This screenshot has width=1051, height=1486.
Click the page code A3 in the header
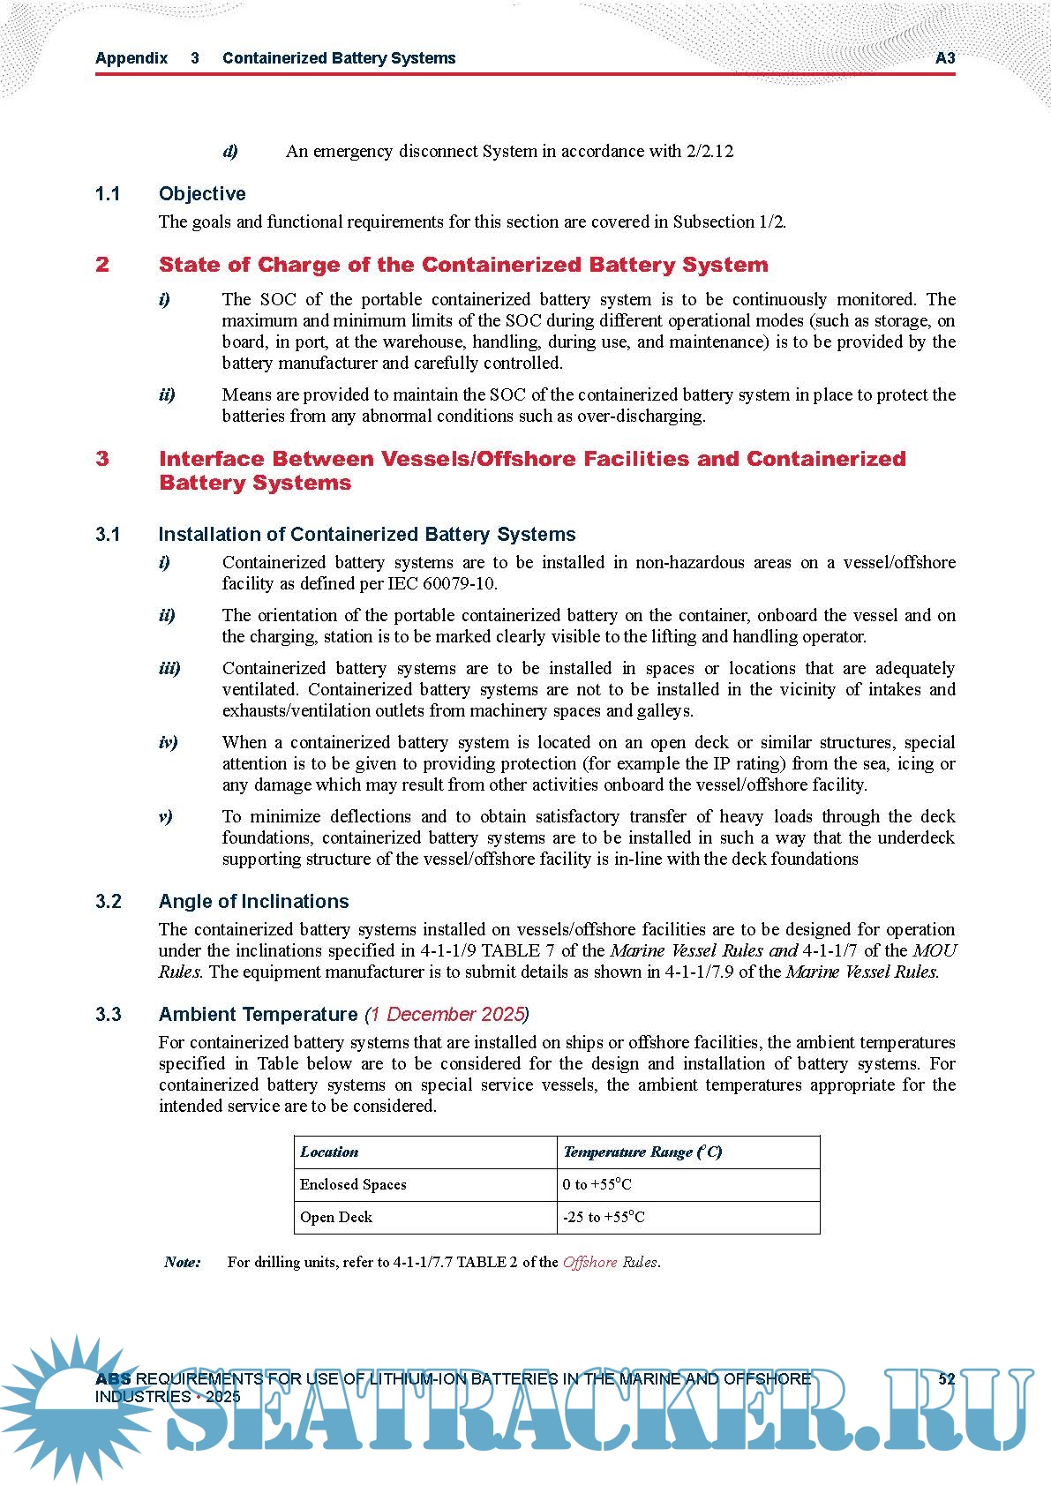pyautogui.click(x=944, y=58)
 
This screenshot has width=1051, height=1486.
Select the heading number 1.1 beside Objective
pyautogui.click(x=108, y=194)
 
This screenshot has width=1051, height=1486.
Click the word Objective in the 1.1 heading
pyautogui.click(x=202, y=194)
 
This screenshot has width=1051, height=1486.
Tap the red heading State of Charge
pyautogui.click(x=463, y=265)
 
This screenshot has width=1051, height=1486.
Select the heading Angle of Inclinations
pyautogui.click(x=253, y=901)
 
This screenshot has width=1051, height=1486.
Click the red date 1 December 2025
pyautogui.click(x=447, y=1014)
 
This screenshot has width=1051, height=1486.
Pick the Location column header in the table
pyautogui.click(x=329, y=1152)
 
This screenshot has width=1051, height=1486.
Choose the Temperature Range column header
pyautogui.click(x=642, y=1152)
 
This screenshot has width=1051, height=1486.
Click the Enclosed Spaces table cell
pyautogui.click(x=353, y=1184)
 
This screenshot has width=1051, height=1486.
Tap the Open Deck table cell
pyautogui.click(x=336, y=1217)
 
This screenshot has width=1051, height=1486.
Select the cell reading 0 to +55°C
pyautogui.click(x=597, y=1184)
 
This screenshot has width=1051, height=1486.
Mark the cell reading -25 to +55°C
pyautogui.click(x=604, y=1217)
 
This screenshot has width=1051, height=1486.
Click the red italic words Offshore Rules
pyautogui.click(x=610, y=1262)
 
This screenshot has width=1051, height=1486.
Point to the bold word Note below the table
pyautogui.click(x=183, y=1262)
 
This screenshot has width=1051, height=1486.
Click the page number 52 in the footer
pyautogui.click(x=946, y=1379)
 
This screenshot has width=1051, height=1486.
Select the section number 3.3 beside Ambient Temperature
pyautogui.click(x=109, y=1014)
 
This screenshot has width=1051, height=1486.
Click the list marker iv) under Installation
pyautogui.click(x=168, y=742)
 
